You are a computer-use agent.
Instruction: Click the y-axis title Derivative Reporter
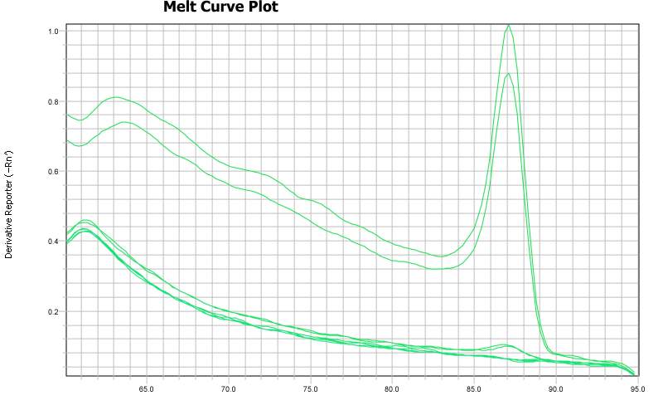(x=9, y=204)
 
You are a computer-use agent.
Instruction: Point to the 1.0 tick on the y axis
(x=53, y=32)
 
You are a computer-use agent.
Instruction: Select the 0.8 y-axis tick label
(x=53, y=102)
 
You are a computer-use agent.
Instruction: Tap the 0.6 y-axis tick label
(x=53, y=172)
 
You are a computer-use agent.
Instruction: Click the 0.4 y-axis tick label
(x=53, y=242)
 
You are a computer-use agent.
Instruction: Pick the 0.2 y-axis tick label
(x=53, y=312)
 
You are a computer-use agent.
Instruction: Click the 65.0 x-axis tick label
(x=147, y=388)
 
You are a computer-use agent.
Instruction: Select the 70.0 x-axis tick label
(x=229, y=388)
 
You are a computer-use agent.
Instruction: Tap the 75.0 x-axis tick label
(x=311, y=388)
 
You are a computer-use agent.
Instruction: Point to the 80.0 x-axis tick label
(x=392, y=388)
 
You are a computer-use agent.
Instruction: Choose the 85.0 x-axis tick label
(x=474, y=388)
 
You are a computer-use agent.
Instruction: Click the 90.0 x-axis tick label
(x=556, y=388)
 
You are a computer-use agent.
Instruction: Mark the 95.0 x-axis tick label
(x=636, y=388)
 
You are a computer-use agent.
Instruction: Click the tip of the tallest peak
(x=509, y=25)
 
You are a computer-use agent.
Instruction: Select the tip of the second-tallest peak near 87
(x=509, y=73)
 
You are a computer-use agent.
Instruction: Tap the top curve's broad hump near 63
(x=117, y=97)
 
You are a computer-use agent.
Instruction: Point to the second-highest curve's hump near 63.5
(x=124, y=122)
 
